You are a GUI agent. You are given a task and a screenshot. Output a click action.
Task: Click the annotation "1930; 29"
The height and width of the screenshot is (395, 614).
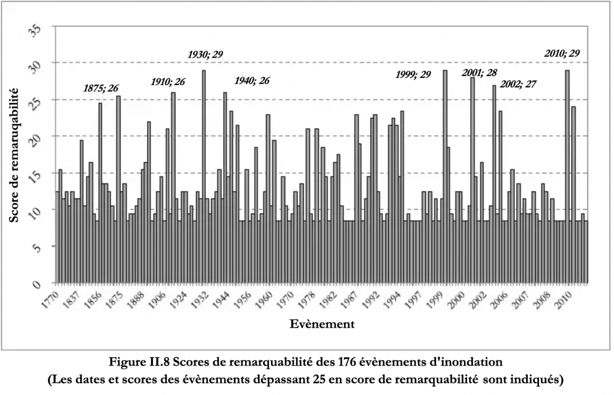pyautogui.click(x=205, y=54)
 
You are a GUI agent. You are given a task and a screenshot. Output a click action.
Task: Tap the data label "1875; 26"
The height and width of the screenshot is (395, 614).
pyautogui.click(x=101, y=88)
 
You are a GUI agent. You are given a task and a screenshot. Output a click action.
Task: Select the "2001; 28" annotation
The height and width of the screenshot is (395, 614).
pyautogui.click(x=480, y=73)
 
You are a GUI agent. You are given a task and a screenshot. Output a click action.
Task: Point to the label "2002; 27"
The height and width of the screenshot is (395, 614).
pyautogui.click(x=518, y=84)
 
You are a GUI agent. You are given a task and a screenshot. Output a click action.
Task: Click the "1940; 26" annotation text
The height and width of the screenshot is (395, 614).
pyautogui.click(x=252, y=80)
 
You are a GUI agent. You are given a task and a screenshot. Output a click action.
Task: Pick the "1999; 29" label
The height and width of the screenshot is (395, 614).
pyautogui.click(x=414, y=74)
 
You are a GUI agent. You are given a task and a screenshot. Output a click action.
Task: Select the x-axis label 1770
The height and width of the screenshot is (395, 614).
pyautogui.click(x=52, y=298)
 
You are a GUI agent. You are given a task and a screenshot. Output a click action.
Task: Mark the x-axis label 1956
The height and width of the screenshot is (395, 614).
pyautogui.click(x=240, y=298)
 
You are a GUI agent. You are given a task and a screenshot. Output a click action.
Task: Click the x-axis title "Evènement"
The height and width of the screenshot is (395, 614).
pyautogui.click(x=321, y=325)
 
